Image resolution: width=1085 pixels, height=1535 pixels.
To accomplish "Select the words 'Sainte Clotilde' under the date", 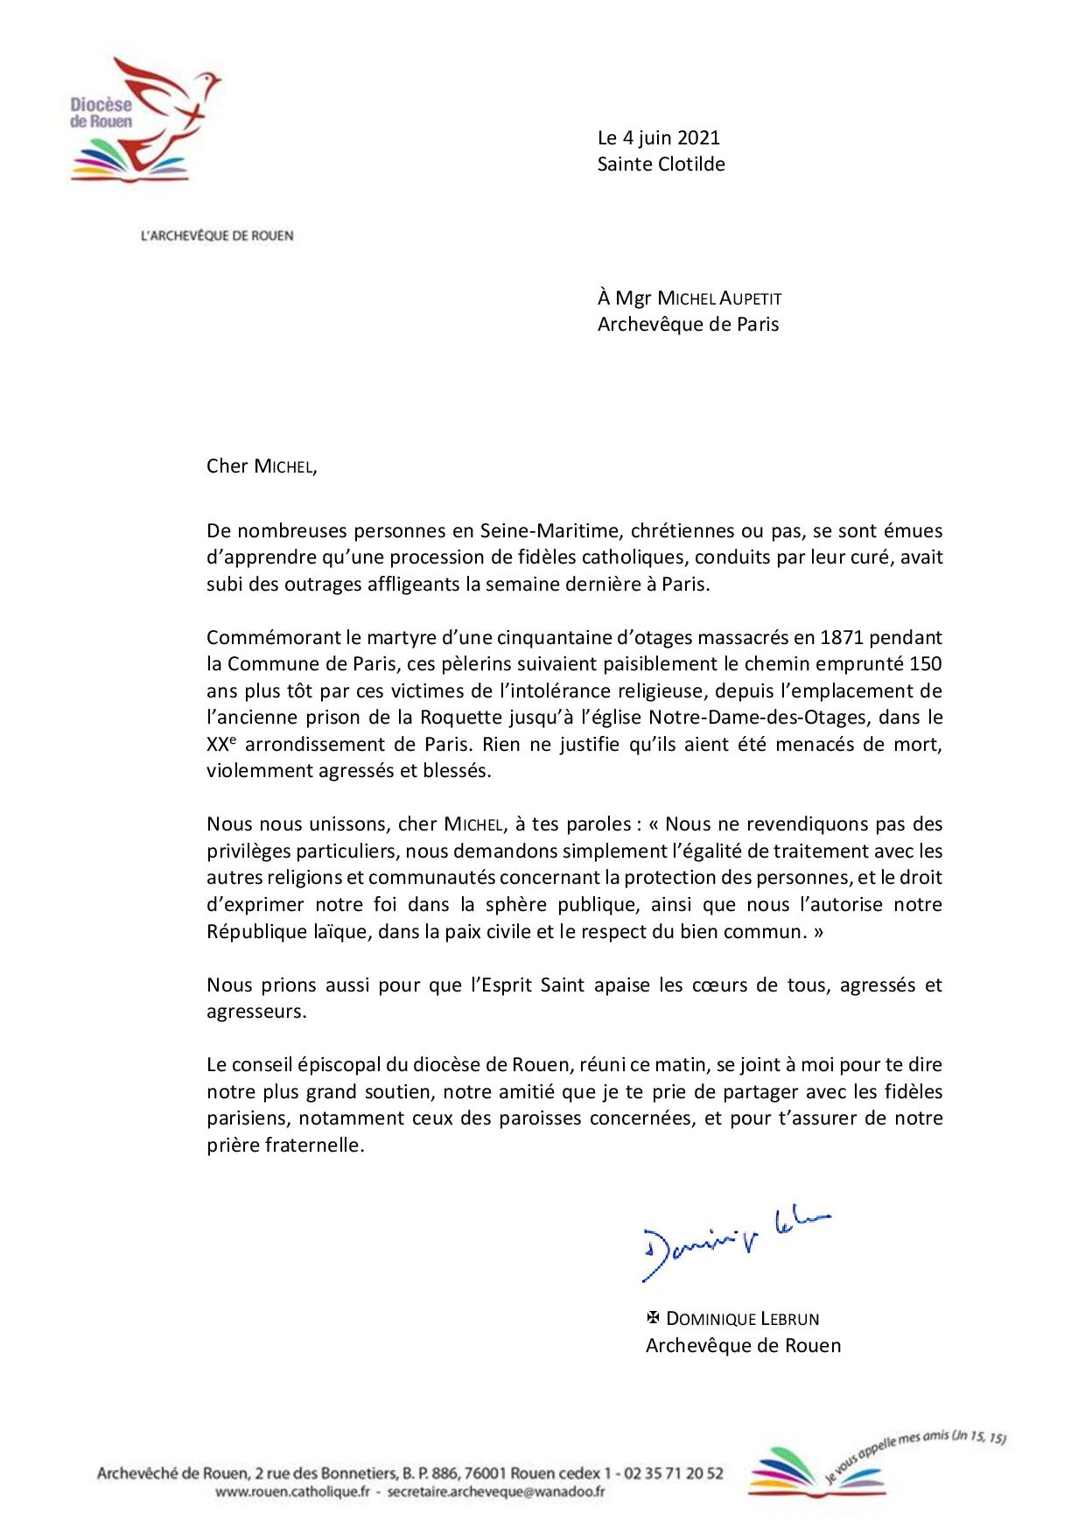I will (x=661, y=164).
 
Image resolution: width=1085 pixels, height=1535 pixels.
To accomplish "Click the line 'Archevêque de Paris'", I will (x=688, y=325).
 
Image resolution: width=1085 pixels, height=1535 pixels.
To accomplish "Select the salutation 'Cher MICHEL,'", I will (x=262, y=466).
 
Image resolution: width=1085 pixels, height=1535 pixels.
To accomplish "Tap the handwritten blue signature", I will (x=735, y=1243).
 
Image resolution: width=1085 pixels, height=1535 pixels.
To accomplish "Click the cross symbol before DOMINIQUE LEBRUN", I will (x=652, y=1317).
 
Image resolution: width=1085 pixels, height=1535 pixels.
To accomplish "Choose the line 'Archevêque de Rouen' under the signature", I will (x=743, y=1345).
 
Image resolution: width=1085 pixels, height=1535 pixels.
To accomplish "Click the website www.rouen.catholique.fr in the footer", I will (x=290, y=1491).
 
